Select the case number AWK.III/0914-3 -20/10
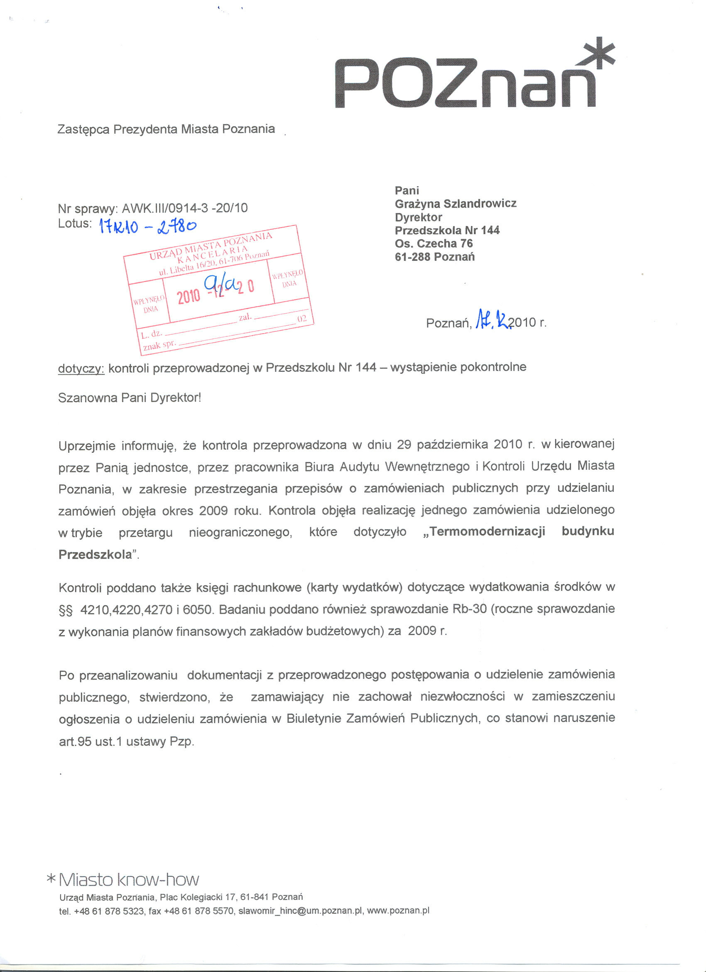pyautogui.click(x=185, y=208)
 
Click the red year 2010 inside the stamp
pyautogui.click(x=189, y=296)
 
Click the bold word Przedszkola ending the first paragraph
pyautogui.click(x=95, y=555)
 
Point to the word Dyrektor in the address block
pyautogui.click(x=418, y=217)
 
